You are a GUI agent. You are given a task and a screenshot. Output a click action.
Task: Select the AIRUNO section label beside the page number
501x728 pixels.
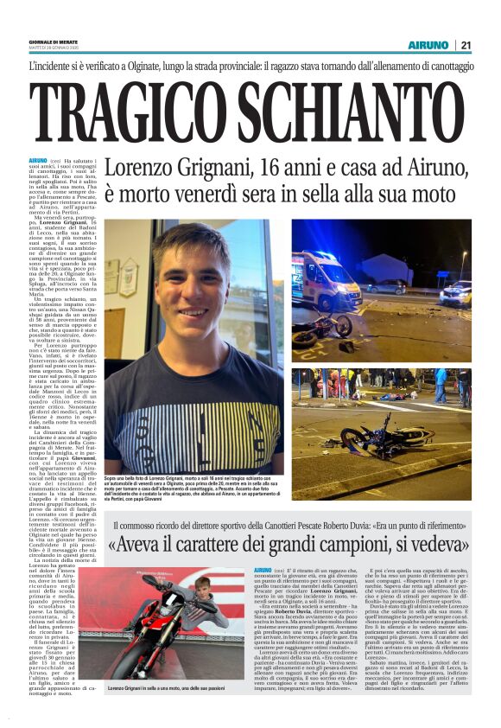(x=429, y=45)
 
